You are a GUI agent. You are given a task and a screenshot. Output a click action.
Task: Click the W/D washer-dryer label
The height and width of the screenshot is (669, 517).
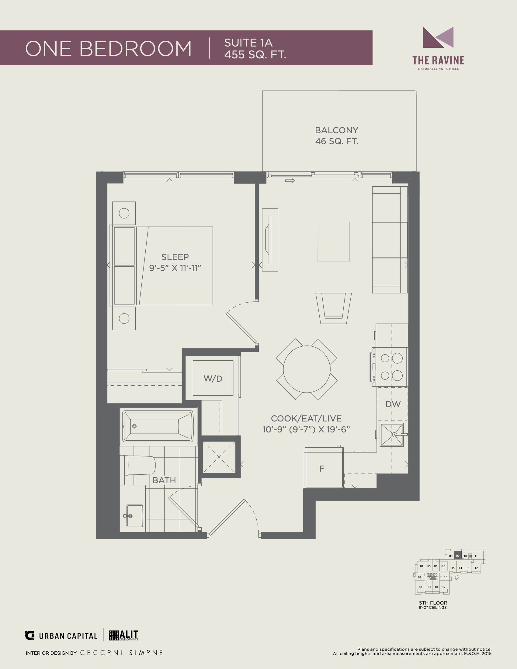point(213,379)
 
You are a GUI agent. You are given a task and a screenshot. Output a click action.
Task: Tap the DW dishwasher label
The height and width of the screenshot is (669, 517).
point(393,404)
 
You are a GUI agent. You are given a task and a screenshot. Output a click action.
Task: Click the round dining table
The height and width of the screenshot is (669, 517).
point(307,369)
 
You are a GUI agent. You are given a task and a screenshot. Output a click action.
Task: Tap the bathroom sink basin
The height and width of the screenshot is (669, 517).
point(134,516)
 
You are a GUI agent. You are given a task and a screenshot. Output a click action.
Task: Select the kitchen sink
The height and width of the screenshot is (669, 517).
point(392,435)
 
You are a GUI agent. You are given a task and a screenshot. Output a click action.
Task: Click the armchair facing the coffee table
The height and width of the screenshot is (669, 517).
point(334,308)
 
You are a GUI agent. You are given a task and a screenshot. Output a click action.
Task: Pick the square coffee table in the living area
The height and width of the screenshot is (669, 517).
point(334,242)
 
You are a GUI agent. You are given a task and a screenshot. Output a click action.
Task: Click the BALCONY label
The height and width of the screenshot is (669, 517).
point(337,130)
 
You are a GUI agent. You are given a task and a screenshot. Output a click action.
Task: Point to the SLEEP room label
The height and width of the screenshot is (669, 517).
point(175,257)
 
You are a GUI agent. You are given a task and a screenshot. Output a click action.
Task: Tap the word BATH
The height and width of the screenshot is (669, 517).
point(164,480)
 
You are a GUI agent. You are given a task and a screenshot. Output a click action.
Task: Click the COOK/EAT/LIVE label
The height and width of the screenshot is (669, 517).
point(306,418)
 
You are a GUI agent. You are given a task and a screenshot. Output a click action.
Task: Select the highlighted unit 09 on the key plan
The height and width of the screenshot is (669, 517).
point(458,556)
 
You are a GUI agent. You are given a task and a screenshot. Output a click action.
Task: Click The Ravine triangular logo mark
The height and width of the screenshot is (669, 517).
point(438,37)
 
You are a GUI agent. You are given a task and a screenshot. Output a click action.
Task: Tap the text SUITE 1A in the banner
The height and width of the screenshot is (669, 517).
point(248,43)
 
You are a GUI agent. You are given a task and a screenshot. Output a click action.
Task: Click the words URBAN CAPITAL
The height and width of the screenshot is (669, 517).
point(68,636)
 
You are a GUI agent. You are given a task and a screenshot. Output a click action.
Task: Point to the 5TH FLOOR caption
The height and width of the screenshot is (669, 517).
point(433,603)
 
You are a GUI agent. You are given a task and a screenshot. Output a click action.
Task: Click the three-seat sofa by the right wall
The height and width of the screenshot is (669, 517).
point(390,240)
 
